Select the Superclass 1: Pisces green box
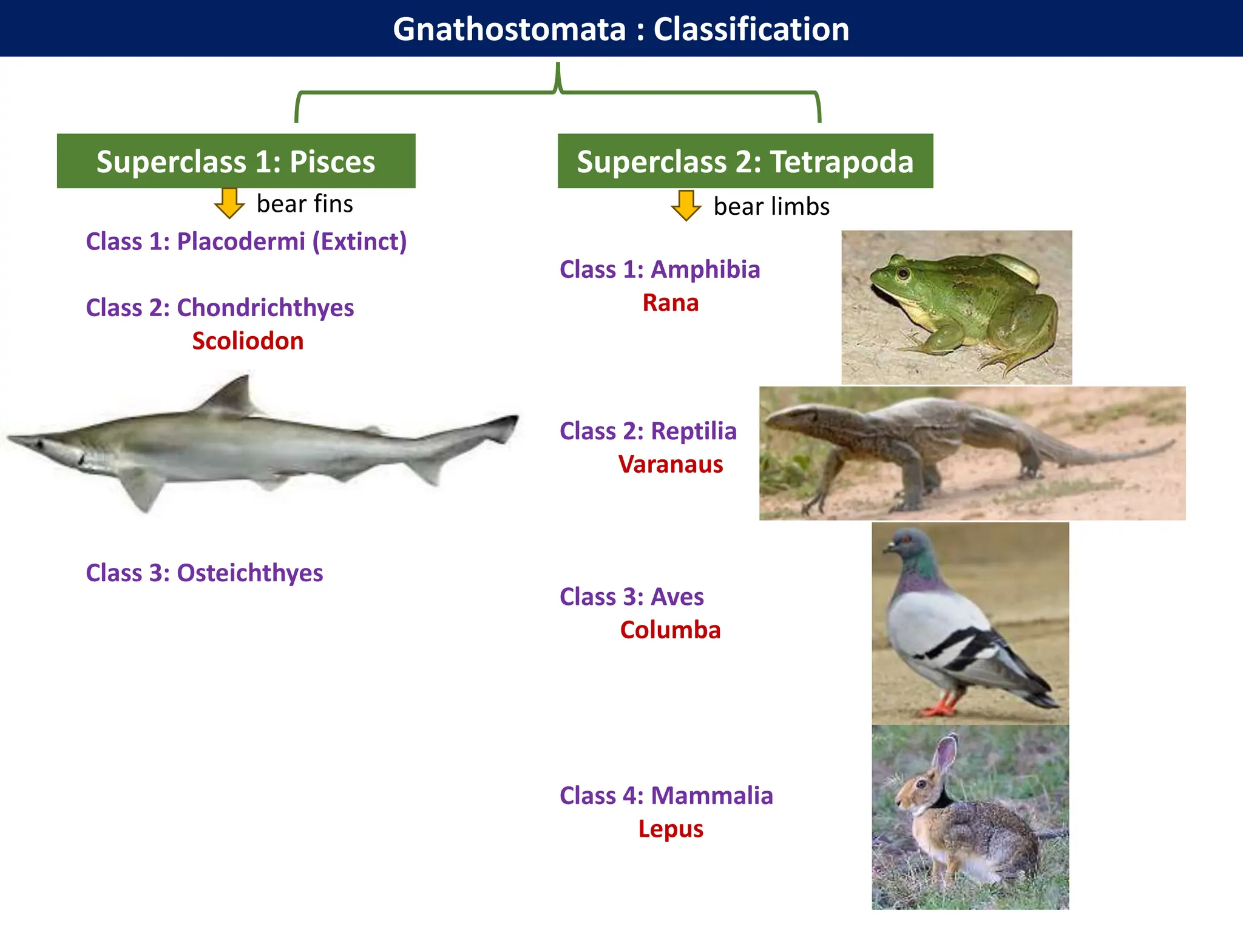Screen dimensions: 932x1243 coord(236,161)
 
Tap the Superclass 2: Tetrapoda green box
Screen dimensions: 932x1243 coord(745,161)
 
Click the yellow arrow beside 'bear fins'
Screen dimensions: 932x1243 coord(229,203)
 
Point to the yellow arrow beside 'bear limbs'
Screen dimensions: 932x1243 coord(686,205)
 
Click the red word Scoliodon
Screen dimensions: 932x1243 coord(248,341)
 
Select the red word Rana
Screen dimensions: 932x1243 coord(671,303)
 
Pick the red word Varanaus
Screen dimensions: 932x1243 coord(671,464)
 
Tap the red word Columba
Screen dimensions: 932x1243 coord(670,630)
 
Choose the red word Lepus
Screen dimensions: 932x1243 coord(671,829)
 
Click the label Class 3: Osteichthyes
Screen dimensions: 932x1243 coord(205,573)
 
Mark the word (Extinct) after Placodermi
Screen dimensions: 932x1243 coord(359,241)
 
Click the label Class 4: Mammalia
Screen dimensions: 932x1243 coord(666,795)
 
